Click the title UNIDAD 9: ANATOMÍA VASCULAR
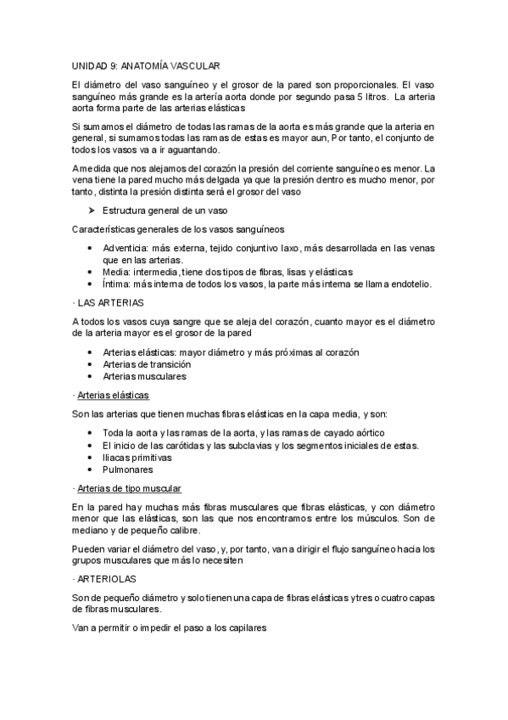tap(146, 65)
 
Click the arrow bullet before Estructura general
tap(92, 210)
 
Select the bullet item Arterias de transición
tap(147, 363)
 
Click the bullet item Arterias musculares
tap(144, 375)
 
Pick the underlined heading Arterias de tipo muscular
tap(129, 488)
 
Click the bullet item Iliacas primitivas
tap(137, 457)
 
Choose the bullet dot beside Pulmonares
tap(91, 469)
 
